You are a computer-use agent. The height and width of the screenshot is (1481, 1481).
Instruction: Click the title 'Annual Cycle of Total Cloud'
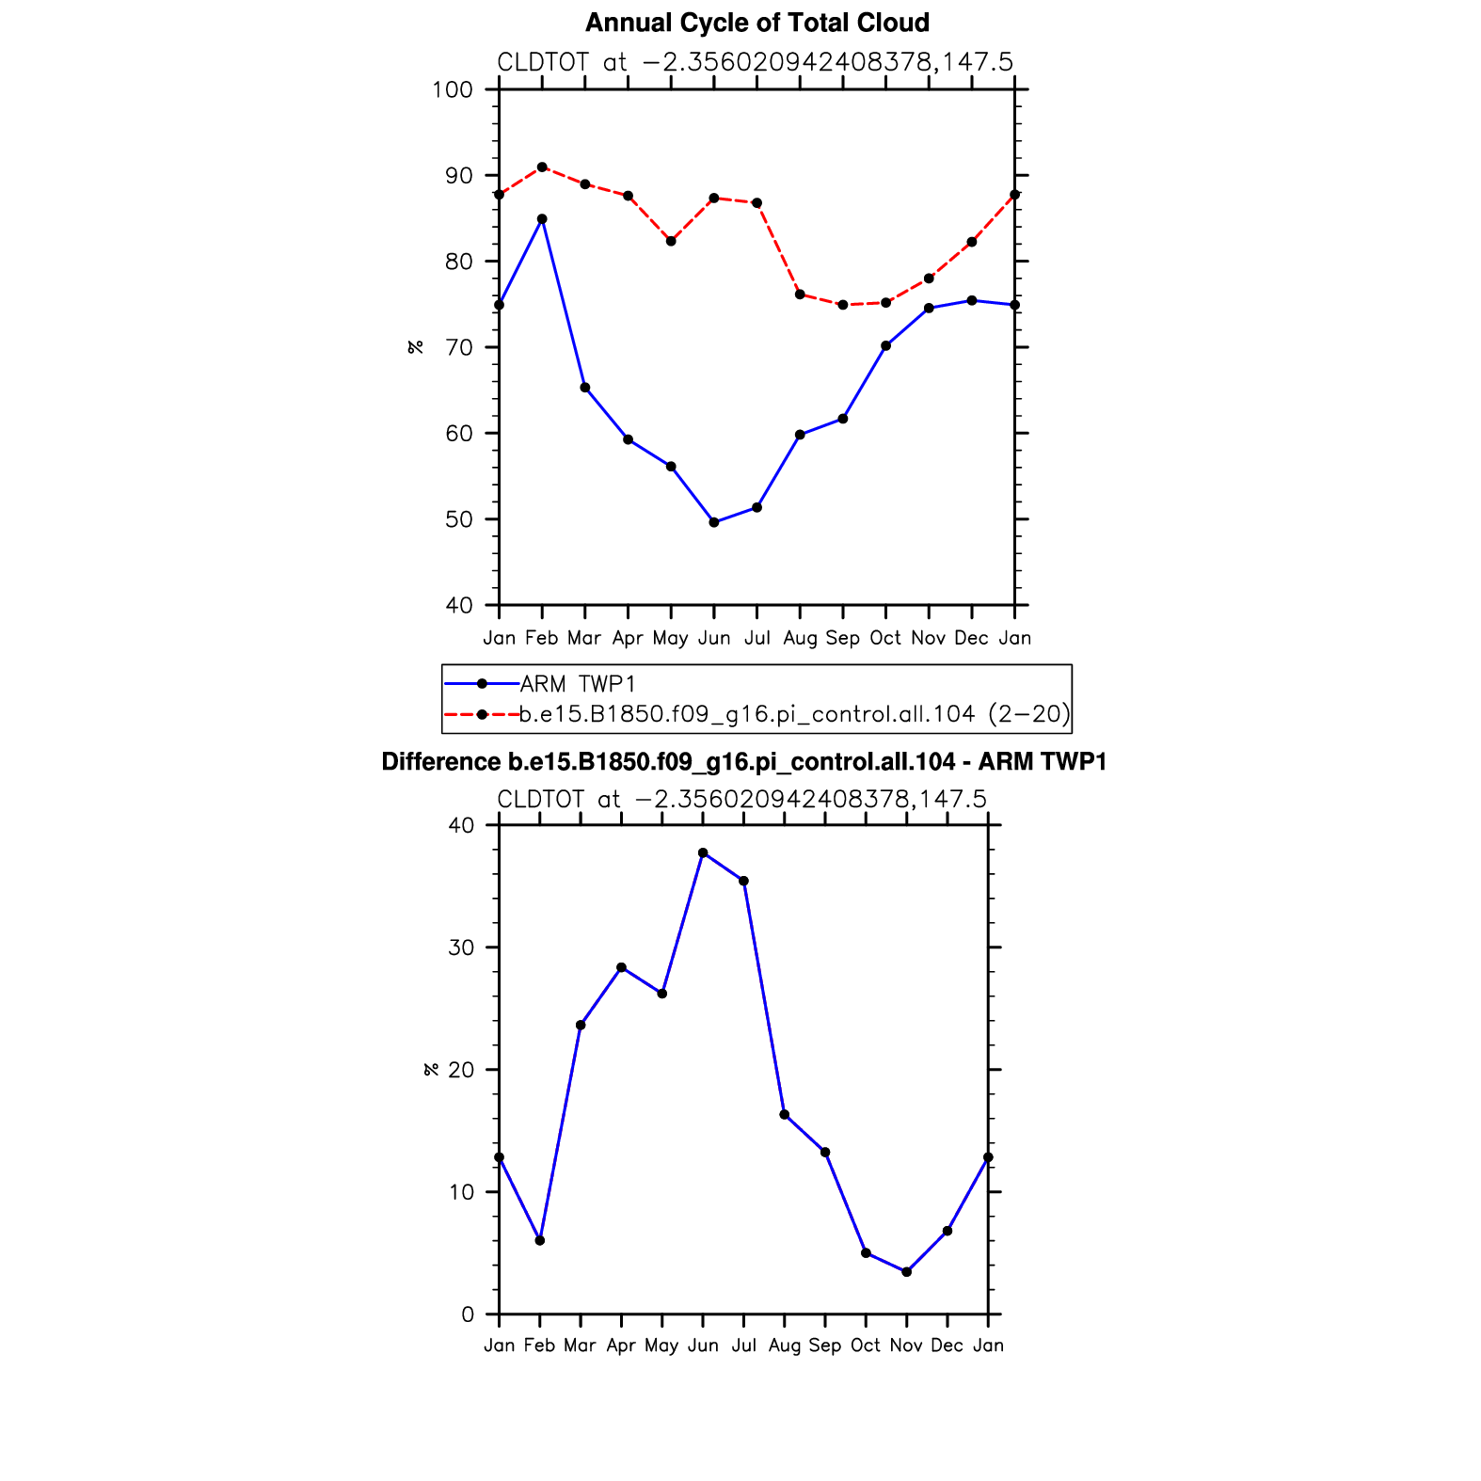(756, 23)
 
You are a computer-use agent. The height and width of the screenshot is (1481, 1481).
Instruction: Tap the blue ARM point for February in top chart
(542, 219)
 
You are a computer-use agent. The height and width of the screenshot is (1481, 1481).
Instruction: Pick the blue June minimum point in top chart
(714, 522)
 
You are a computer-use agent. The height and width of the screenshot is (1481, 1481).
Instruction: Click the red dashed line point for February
(542, 167)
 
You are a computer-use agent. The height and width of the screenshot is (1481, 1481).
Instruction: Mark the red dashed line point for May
(671, 242)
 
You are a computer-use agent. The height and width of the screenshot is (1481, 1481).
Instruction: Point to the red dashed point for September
(843, 305)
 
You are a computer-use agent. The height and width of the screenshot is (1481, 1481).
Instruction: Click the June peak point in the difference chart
(703, 852)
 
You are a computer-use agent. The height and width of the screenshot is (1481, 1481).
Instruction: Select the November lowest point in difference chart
(906, 1272)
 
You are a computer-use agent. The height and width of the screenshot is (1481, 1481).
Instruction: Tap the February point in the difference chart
(539, 1240)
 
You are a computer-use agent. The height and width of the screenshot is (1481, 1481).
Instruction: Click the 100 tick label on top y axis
(452, 90)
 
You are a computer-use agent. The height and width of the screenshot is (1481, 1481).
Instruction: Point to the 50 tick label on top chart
(458, 519)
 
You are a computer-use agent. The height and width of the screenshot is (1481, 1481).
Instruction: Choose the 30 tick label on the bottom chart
(461, 948)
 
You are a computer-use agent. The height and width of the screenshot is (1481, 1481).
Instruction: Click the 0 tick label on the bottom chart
(469, 1314)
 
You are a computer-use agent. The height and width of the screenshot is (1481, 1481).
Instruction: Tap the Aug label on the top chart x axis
(800, 639)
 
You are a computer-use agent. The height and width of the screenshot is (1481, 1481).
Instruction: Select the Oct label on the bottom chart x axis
(866, 1346)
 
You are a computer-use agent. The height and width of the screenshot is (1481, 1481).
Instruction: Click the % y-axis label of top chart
(415, 347)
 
